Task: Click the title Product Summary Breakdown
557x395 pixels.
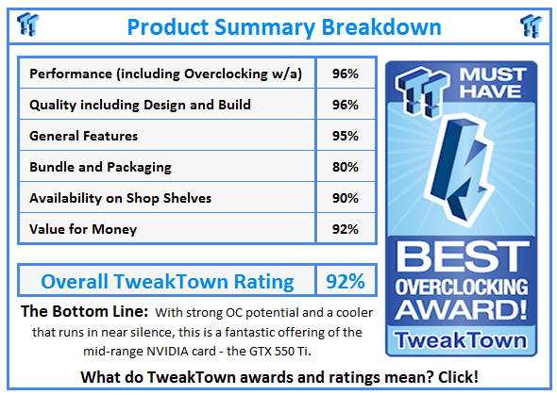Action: coord(284,27)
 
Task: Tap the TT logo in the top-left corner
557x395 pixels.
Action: coord(27,25)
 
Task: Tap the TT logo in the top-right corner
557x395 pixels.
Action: coord(531,25)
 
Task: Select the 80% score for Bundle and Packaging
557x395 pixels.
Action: coord(346,167)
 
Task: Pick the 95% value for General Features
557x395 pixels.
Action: coord(346,136)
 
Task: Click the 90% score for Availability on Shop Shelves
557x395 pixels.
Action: coord(346,198)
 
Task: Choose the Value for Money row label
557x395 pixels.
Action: coord(83,229)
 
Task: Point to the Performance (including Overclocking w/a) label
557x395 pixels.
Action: coord(165,74)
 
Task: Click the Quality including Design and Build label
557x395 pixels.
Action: coord(140,105)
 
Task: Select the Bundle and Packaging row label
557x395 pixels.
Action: coord(100,167)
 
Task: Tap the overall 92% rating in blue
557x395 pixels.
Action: coord(346,281)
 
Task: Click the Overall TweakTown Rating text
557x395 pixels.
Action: coord(167,282)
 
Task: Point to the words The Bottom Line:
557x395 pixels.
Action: coord(85,311)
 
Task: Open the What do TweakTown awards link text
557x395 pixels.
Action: coord(213,377)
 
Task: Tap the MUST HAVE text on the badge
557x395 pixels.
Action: coord(493,83)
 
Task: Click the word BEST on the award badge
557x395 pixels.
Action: coord(463,256)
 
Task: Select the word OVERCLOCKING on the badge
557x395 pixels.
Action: coord(462,287)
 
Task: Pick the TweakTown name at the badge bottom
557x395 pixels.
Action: coord(461,340)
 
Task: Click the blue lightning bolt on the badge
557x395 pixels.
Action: coord(458,171)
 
